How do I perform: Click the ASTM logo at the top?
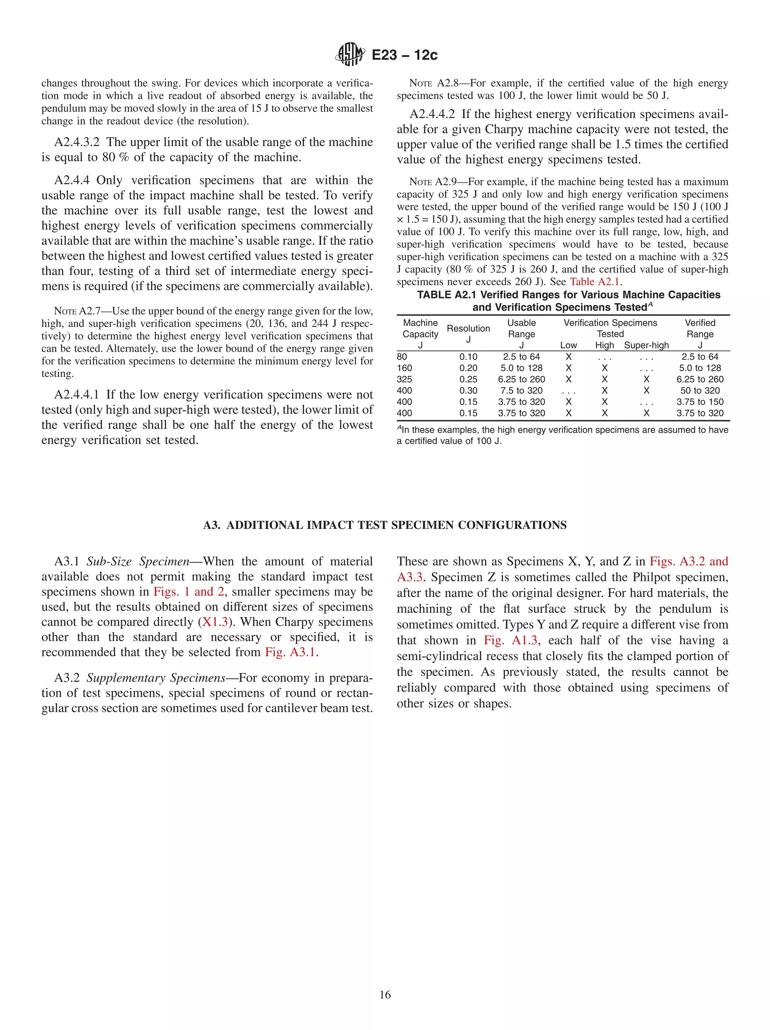coord(349,54)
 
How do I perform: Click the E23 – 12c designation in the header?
coord(404,55)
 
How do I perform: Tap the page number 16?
coord(385,995)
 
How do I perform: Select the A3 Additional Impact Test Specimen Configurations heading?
coord(385,525)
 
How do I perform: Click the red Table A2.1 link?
coord(594,282)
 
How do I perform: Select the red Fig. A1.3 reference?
coord(511,640)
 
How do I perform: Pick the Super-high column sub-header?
coord(646,345)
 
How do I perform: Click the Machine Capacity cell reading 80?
coord(402,357)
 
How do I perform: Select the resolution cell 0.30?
coord(468,391)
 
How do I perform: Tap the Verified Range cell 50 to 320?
coord(700,391)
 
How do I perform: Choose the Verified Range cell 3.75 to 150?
coord(700,402)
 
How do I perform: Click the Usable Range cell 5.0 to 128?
coord(521,368)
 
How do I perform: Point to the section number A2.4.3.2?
coord(77,142)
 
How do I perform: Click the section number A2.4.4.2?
coord(432,115)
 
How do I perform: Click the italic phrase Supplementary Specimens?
coord(156,678)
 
